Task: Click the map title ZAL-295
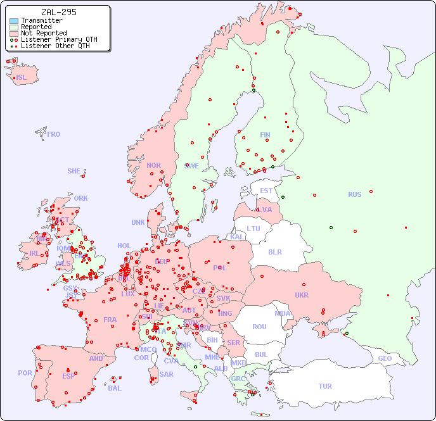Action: pos(58,12)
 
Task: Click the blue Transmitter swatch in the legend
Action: pos(14,21)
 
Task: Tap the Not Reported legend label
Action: pos(44,33)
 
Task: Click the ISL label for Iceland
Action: pos(22,78)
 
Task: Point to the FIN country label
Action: pos(265,135)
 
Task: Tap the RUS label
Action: pos(354,194)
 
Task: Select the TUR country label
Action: pos(325,386)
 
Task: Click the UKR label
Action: pos(302,295)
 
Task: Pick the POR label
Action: pos(25,373)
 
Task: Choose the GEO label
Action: pos(385,358)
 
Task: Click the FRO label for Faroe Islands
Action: pos(54,134)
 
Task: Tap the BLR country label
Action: pos(275,251)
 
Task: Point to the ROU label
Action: pos(259,327)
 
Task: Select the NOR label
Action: pos(153,165)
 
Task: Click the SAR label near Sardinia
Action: pos(167,374)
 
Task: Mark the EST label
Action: pos(266,191)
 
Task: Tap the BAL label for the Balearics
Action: pos(115,388)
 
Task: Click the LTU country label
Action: pos(253,229)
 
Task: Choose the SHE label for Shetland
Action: pos(74,171)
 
